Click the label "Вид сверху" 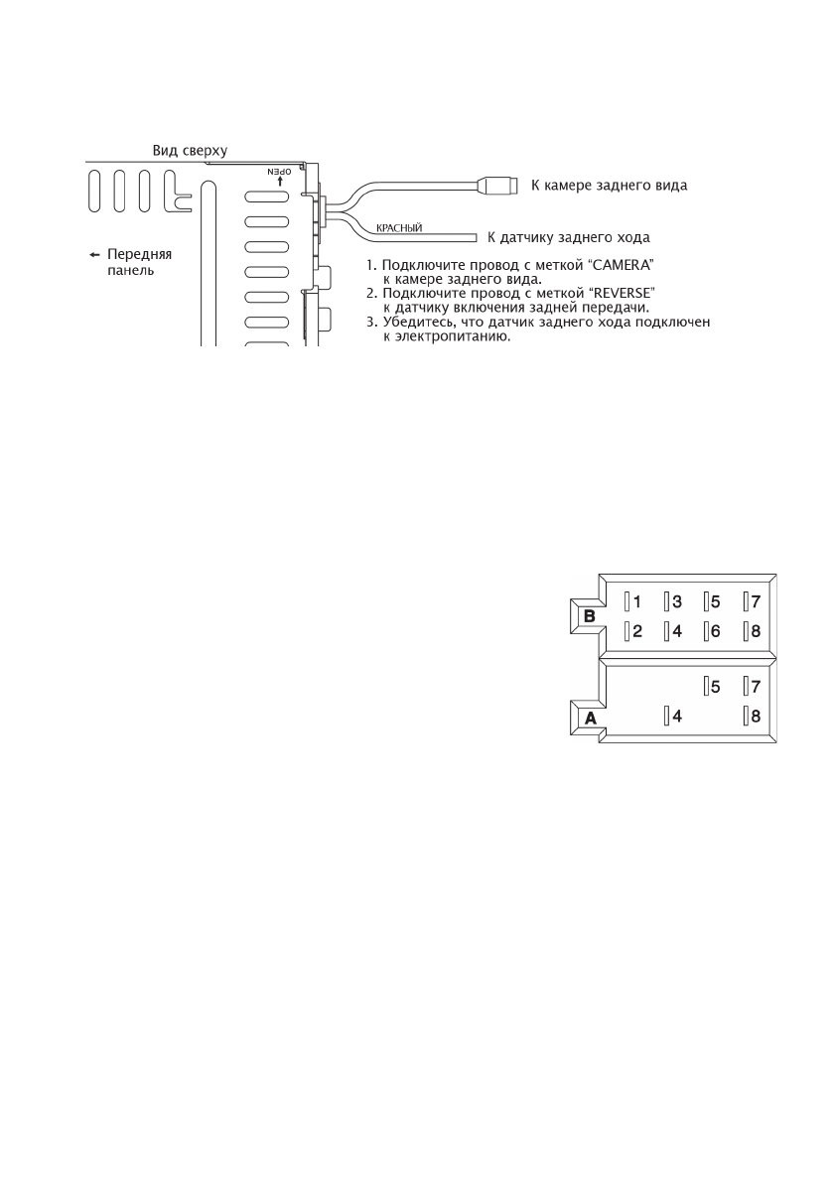(190, 151)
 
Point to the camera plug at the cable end (495, 185)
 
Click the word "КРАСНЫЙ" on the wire (399, 228)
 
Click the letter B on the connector (589, 615)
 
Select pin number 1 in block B (637, 601)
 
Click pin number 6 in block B (715, 630)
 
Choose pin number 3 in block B (676, 601)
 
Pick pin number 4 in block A (676, 715)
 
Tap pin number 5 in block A (715, 686)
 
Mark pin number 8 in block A (756, 715)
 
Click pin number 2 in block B (637, 630)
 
